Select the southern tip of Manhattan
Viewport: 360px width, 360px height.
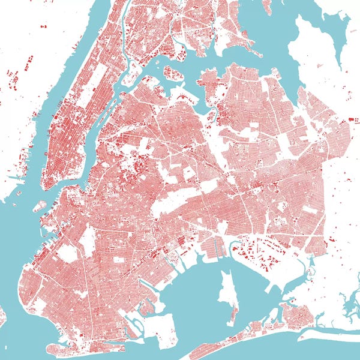coord(47,186)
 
